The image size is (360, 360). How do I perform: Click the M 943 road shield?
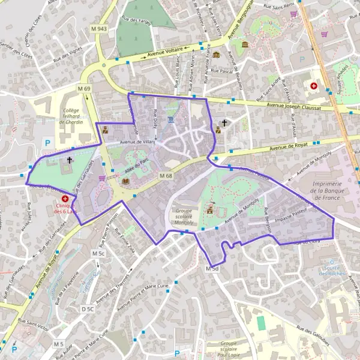pos(100,29)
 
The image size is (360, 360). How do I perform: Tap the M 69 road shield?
pos(84,89)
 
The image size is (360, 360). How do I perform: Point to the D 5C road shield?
pos(88,309)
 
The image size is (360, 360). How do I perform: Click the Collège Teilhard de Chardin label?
pos(73,116)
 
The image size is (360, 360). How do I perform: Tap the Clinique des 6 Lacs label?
pos(64,208)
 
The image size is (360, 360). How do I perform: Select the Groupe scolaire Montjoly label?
pos(185,216)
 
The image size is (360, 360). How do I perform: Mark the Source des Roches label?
pos(332,271)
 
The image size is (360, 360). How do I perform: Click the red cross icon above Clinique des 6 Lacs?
pos(65,198)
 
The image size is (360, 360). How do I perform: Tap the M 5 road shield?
pos(58,344)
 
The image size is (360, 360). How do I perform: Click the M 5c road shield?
pos(99,254)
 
